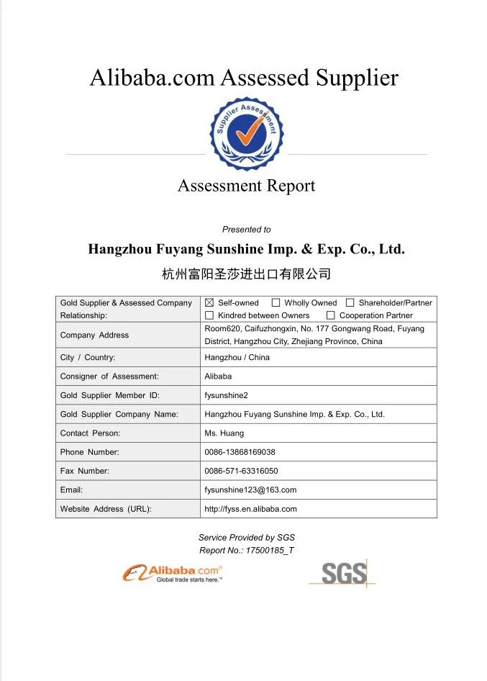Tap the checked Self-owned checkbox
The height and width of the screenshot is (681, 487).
(x=209, y=303)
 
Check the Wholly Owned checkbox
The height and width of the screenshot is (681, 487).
(x=276, y=303)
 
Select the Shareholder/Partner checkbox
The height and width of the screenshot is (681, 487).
(x=350, y=303)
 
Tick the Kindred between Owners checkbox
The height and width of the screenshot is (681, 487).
(x=209, y=315)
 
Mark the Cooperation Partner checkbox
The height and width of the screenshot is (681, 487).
(x=331, y=315)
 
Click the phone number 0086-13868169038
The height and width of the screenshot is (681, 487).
(x=240, y=452)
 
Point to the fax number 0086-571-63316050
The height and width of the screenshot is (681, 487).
(x=241, y=471)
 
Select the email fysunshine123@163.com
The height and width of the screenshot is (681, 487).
(x=250, y=490)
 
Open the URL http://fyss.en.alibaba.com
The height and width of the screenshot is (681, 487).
(x=250, y=508)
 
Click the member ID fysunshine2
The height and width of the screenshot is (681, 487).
(x=227, y=395)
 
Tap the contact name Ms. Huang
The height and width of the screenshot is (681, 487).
(x=224, y=433)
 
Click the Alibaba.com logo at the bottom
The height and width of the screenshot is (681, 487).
(x=173, y=573)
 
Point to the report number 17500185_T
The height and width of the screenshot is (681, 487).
(x=270, y=551)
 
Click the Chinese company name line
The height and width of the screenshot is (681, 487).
(x=246, y=274)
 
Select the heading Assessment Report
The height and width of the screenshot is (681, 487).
(x=246, y=186)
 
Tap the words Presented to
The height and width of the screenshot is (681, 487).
(x=246, y=230)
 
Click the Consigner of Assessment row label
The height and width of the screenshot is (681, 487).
(x=109, y=376)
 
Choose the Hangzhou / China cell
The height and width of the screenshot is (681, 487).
(x=237, y=358)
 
